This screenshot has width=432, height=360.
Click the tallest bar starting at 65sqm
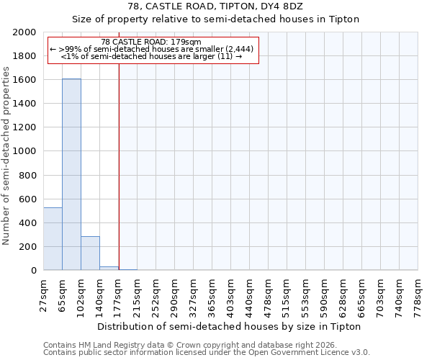(71, 174)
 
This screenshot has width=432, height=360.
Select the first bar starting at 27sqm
(53, 238)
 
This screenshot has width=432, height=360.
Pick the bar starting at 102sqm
(90, 253)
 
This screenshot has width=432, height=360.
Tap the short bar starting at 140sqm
(109, 268)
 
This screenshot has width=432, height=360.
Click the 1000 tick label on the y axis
(24, 151)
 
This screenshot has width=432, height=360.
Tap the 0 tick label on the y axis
(33, 270)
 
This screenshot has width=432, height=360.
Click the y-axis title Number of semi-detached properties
(6, 156)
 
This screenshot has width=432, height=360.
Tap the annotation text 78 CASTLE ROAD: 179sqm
(151, 42)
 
